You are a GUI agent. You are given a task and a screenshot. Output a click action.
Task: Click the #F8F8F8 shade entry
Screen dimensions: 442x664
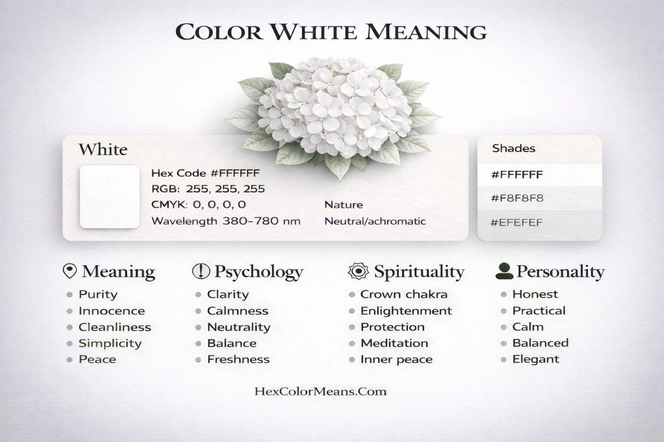click(517, 199)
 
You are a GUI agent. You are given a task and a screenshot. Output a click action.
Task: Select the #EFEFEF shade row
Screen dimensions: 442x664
click(517, 223)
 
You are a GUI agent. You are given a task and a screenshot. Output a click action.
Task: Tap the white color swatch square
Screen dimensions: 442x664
click(110, 197)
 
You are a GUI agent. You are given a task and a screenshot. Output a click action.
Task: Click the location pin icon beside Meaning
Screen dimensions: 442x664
click(70, 271)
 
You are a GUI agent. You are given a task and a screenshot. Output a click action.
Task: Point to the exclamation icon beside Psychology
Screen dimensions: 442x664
click(201, 271)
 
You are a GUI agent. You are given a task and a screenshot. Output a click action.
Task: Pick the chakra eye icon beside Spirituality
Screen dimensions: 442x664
click(358, 271)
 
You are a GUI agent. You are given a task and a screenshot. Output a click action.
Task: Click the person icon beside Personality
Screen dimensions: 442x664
click(504, 271)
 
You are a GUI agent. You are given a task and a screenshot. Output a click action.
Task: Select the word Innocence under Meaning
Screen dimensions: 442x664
click(112, 311)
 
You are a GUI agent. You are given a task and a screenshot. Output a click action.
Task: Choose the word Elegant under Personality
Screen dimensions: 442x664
click(536, 359)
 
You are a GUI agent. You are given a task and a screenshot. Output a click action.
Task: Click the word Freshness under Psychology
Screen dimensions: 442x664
click(238, 360)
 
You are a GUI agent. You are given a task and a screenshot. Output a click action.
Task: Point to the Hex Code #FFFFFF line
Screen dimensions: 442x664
click(205, 173)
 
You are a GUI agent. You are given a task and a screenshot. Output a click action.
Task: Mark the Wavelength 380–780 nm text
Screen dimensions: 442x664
click(226, 221)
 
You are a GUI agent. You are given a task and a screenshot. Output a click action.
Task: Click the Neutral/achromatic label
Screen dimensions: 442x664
click(375, 221)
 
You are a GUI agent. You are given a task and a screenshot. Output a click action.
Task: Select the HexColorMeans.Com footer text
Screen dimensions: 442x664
click(320, 392)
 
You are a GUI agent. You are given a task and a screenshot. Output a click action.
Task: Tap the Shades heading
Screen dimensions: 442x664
click(513, 148)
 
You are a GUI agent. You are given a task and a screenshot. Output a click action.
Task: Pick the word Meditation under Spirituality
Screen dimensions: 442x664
click(394, 343)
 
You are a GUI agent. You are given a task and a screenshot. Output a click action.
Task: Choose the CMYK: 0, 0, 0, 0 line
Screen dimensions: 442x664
click(198, 205)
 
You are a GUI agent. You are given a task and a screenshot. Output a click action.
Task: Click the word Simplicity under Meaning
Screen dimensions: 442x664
click(110, 343)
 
